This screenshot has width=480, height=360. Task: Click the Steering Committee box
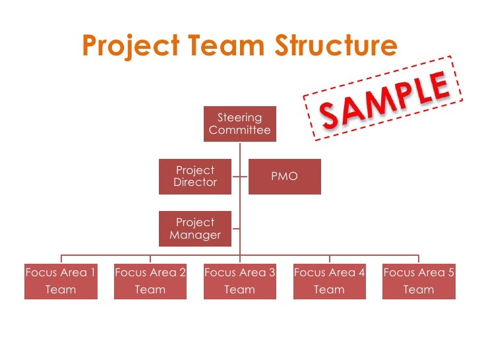[239, 124]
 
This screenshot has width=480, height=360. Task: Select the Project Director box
[195, 176]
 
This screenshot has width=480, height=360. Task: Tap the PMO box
[284, 176]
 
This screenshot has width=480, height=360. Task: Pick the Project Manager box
[195, 228]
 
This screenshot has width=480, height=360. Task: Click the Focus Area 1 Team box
[61, 281]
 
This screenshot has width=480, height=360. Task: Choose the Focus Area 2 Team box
[150, 281]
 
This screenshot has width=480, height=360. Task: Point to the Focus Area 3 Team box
[240, 281]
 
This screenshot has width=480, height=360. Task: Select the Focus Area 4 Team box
[329, 281]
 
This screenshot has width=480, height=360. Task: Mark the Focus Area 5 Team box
[419, 281]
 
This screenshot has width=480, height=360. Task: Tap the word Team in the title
[226, 47]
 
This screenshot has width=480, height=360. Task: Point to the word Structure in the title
[336, 47]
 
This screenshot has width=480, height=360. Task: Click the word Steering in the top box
[240, 118]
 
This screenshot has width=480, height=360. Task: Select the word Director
[195, 183]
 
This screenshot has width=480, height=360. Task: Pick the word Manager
[195, 235]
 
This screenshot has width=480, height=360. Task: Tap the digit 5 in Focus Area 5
[450, 272]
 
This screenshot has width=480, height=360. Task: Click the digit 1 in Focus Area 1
[92, 272]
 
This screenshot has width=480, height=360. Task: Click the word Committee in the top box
[240, 131]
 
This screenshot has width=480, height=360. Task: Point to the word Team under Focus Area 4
[329, 289]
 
